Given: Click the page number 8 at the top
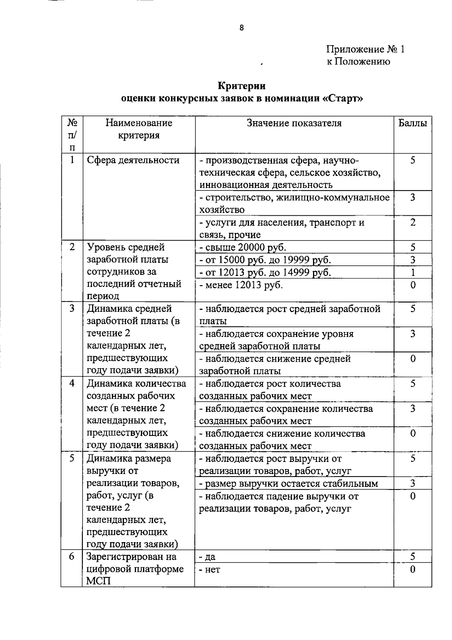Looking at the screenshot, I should (241, 27).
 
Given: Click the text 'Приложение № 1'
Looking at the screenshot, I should (365, 50).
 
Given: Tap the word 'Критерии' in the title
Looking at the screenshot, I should (241, 86).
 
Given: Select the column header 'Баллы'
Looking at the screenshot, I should (412, 123).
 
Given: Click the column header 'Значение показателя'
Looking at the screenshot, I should (294, 123).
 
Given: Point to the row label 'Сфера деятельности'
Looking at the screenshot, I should (133, 160).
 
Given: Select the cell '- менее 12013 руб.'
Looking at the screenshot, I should (241, 285).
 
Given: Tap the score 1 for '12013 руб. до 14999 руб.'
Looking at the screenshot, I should (413, 272).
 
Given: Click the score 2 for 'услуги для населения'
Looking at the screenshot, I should (413, 222).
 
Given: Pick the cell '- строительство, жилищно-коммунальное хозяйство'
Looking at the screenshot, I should (294, 203).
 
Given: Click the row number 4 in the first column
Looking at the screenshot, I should (72, 383).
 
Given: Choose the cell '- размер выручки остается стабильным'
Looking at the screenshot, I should (289, 483).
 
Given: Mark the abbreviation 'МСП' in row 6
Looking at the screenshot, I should (99, 581).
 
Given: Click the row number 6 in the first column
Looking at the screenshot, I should (72, 556).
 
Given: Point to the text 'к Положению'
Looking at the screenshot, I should (358, 61).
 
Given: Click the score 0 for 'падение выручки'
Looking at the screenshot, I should (413, 496).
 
